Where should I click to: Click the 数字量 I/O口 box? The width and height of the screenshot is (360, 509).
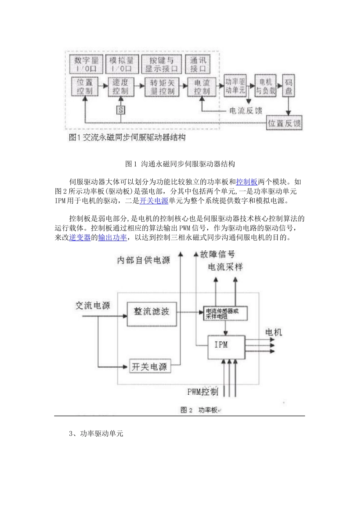[x=86, y=64]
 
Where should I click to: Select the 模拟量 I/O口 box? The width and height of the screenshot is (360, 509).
[x=121, y=64]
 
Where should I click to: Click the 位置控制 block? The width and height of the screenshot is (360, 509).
[x=85, y=87]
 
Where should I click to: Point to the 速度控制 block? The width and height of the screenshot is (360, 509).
[x=121, y=87]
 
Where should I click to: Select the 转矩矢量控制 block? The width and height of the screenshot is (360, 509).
[x=162, y=87]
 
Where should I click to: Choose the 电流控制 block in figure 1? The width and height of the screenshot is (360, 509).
[x=202, y=87]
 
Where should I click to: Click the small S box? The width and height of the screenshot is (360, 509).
[x=121, y=110]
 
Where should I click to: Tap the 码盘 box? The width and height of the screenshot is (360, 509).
[x=288, y=86]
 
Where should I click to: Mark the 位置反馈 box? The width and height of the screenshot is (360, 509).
[x=284, y=123]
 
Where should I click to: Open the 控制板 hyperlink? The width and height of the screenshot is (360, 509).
[x=247, y=182]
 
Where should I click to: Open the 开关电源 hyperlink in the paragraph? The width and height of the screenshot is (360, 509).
[x=154, y=201]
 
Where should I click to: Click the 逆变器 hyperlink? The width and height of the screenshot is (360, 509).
[x=80, y=237]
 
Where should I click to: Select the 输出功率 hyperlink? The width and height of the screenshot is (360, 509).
[x=113, y=237]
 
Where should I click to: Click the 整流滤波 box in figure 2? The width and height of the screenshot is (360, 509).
[x=152, y=314]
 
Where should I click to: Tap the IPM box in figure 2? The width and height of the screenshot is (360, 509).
[x=226, y=347]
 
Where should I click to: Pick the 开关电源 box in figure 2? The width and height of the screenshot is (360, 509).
[x=149, y=366]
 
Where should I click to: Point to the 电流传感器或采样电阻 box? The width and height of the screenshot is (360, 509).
[x=225, y=313]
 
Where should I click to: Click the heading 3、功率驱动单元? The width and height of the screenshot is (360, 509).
[x=96, y=434]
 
